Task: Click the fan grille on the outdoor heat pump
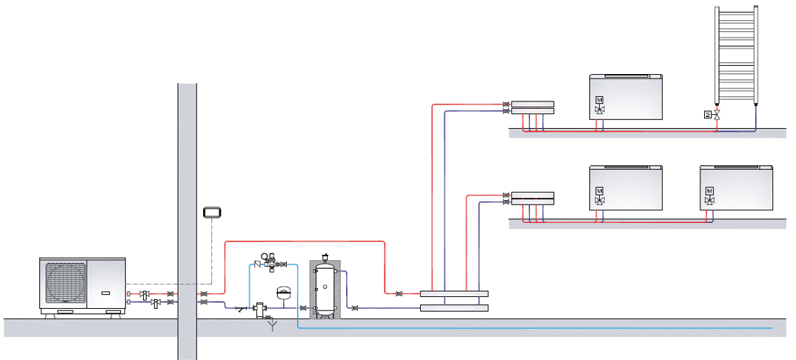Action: coord(65,284)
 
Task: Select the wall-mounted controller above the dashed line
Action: coord(213,213)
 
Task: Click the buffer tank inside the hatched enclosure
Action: coord(324,289)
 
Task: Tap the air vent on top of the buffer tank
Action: coord(324,257)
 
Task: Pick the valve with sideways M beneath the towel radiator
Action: coord(708,114)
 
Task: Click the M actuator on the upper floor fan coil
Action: coord(600,100)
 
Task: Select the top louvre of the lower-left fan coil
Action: coord(625,168)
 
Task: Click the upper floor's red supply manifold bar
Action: coord(532,104)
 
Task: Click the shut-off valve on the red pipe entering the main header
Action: coord(400,294)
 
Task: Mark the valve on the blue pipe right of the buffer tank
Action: coord(354,307)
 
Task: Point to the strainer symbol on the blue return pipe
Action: coord(242,307)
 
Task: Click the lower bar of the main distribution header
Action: coord(454,307)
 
